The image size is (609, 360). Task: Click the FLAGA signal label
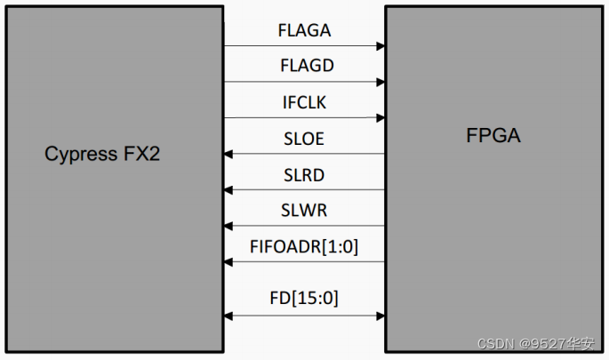point(304,31)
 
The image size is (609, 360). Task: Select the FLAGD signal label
point(304,67)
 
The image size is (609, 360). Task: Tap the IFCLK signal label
point(304,103)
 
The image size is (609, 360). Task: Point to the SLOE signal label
point(304,140)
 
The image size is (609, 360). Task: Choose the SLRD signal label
point(304,175)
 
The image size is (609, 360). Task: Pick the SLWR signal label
point(304,211)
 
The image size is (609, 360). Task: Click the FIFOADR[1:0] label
point(304,247)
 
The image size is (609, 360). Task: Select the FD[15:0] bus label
point(304,298)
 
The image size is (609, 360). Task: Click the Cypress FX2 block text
point(102,154)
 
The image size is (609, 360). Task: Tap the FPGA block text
point(493,136)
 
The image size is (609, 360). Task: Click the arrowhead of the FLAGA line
point(380,46)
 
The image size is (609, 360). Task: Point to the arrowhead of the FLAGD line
point(380,82)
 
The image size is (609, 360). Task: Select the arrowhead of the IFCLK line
point(380,117)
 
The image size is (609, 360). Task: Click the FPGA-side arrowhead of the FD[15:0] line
point(380,315)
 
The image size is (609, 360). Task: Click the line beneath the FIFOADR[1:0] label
point(304,261)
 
